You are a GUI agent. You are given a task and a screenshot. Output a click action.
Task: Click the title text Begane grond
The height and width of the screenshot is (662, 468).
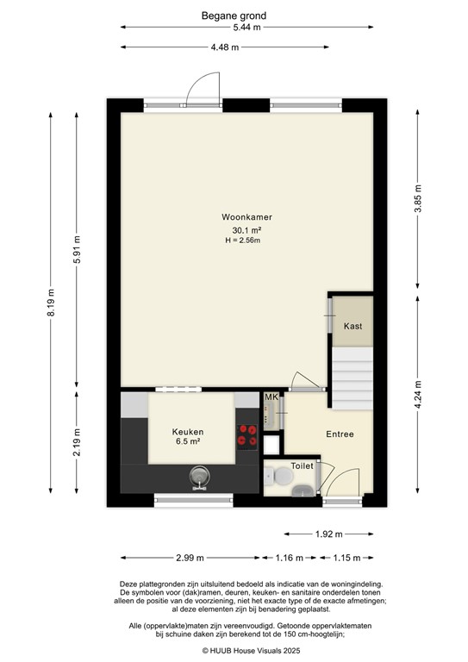pyautogui.click(x=234, y=16)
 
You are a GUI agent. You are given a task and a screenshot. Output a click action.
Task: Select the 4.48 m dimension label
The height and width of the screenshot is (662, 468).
pyautogui.click(x=225, y=47)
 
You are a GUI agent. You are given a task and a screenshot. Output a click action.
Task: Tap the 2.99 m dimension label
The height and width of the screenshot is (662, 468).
pyautogui.click(x=191, y=557)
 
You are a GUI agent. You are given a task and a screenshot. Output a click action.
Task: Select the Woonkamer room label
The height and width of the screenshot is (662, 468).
pyautogui.click(x=240, y=217)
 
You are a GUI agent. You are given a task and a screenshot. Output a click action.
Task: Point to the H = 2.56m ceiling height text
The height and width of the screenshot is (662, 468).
pyautogui.click(x=240, y=240)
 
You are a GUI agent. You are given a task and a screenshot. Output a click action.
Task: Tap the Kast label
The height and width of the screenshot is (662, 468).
pyautogui.click(x=353, y=327)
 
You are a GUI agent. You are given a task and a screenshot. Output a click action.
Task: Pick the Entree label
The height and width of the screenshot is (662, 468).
pyautogui.click(x=340, y=434)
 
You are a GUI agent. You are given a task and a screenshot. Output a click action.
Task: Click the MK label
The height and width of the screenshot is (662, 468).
pyautogui.click(x=271, y=397)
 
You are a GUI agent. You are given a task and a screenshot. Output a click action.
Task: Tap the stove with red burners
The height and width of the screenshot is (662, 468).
pyautogui.click(x=248, y=436)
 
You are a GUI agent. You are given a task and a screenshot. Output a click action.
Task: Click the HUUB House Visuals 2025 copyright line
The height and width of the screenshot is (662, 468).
pyautogui.click(x=234, y=651)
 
